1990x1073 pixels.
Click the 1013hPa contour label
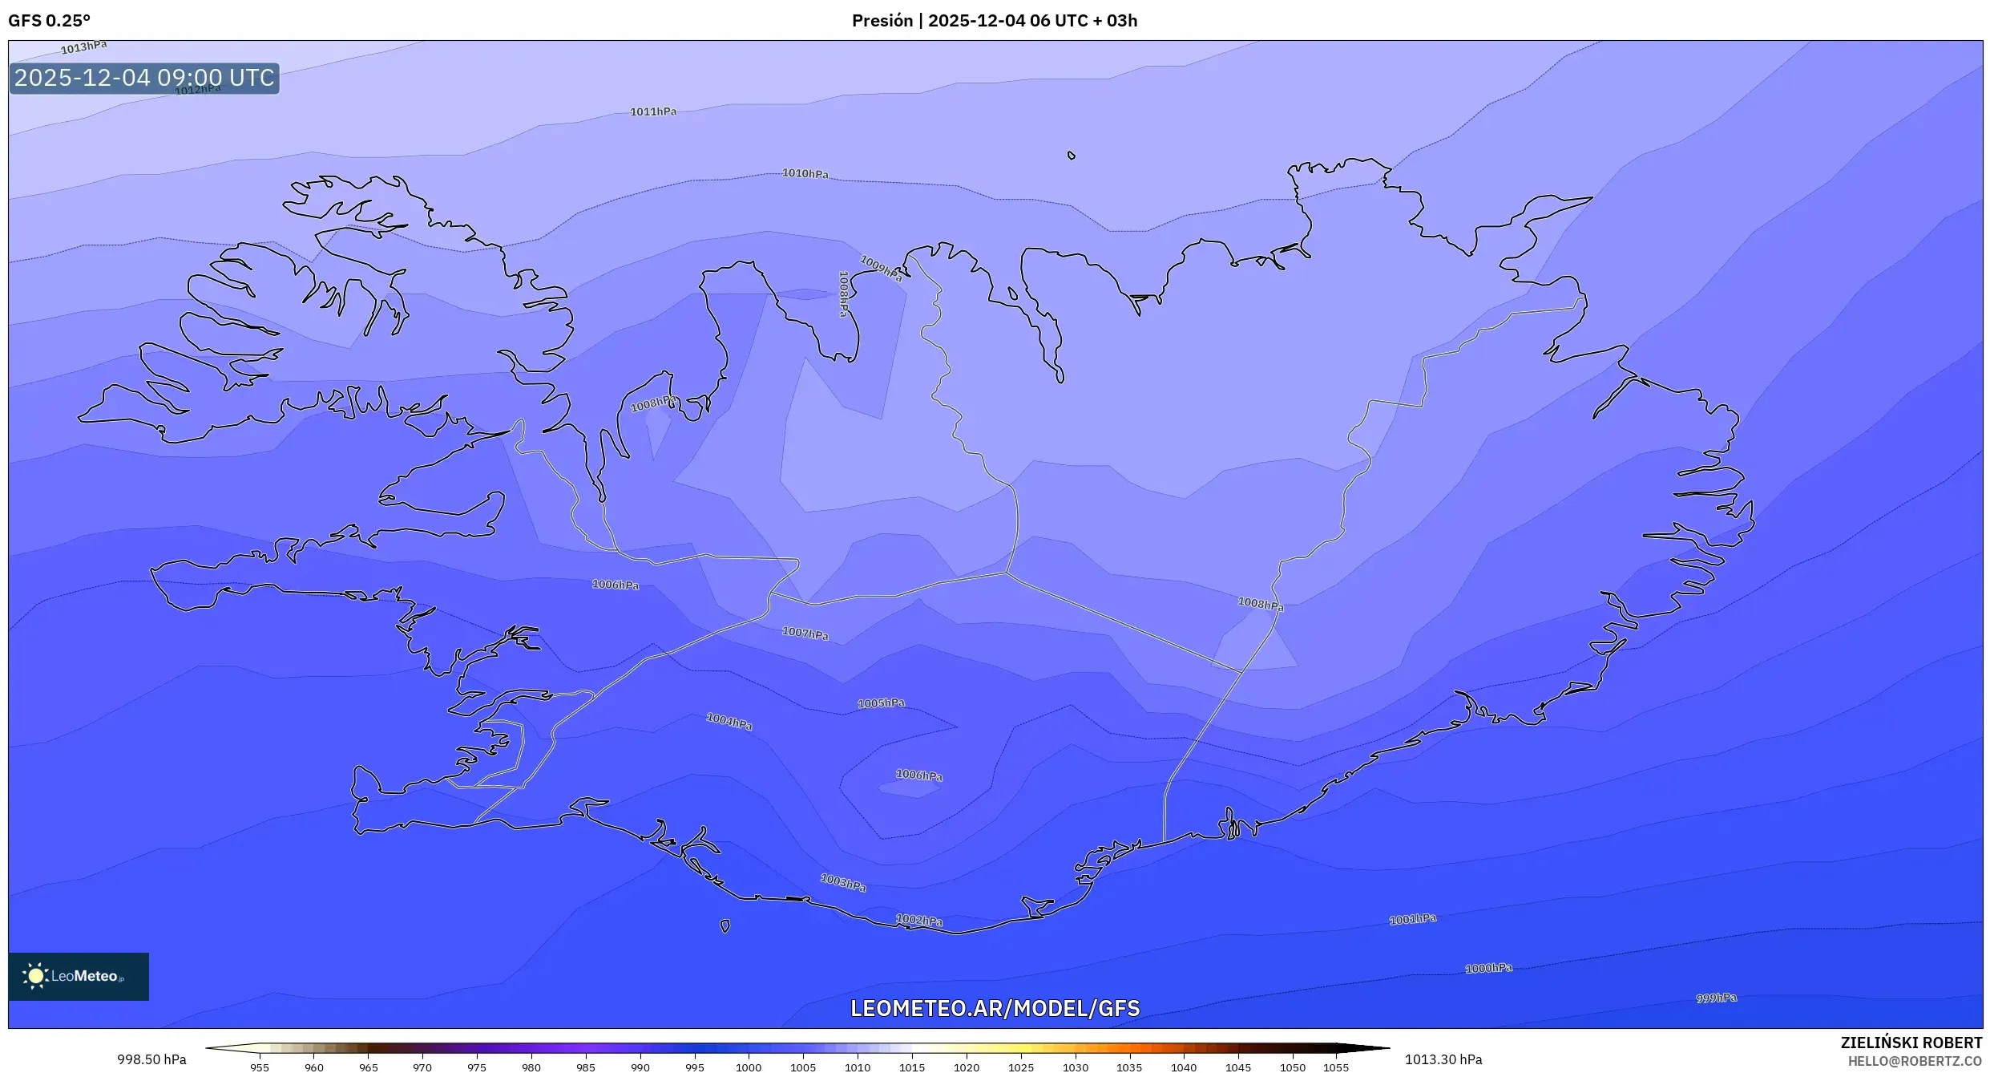click(x=83, y=47)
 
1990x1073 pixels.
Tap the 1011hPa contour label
click(x=652, y=112)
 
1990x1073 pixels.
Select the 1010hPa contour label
click(x=805, y=173)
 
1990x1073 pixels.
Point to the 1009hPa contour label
click(x=880, y=268)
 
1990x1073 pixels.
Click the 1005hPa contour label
click(x=881, y=703)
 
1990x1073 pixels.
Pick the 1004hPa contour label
click(x=729, y=722)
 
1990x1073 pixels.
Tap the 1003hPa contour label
click(x=843, y=883)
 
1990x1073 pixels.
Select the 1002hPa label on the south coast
click(x=918, y=921)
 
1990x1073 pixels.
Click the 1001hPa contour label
click(x=1412, y=919)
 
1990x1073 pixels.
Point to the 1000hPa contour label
click(x=1488, y=968)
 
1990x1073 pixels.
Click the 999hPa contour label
click(x=1716, y=998)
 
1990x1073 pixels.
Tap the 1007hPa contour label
click(x=805, y=634)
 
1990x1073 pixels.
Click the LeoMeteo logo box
click(x=79, y=976)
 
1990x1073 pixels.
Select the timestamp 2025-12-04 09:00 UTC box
click(x=144, y=78)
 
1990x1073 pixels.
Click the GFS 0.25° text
click(x=49, y=21)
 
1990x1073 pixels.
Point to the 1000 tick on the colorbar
click(x=749, y=1067)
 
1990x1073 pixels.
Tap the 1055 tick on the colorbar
click(x=1335, y=1067)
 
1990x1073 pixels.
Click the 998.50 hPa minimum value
click(x=151, y=1059)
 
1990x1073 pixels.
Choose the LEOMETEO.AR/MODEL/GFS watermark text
click(x=995, y=1008)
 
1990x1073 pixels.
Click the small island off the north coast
click(x=1072, y=156)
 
